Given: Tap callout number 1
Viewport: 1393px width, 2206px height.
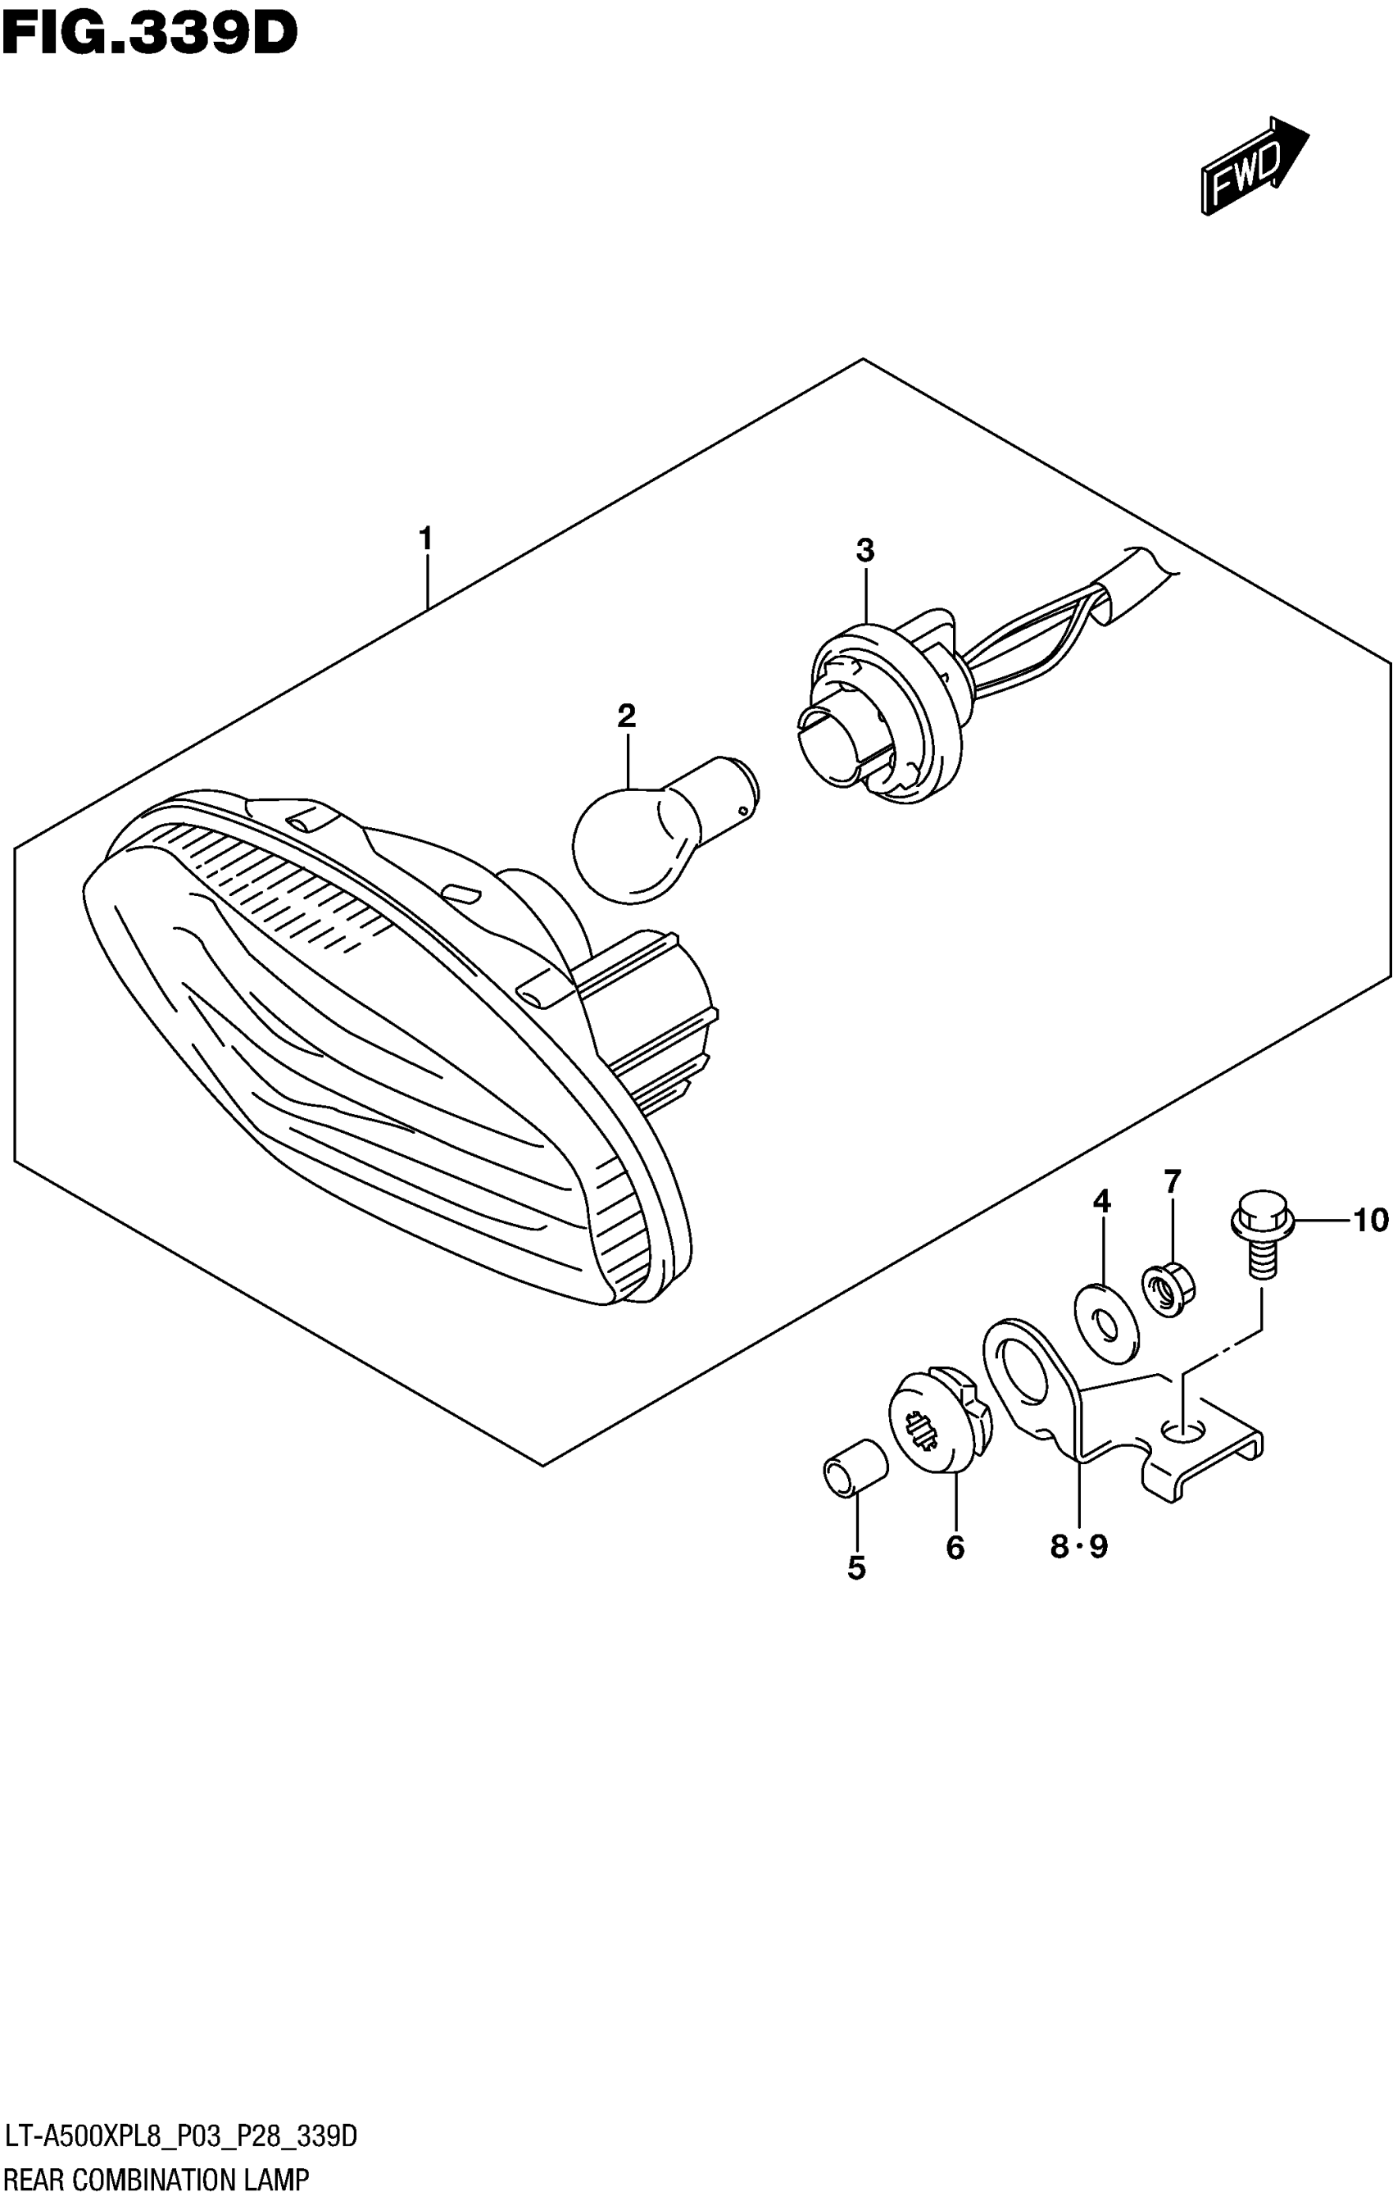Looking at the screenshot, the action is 425,539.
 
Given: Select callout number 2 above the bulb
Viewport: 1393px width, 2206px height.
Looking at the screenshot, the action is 626,715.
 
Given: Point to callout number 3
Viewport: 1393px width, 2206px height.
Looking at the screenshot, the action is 864,551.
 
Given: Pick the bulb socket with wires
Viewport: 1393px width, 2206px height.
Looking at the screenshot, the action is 879,715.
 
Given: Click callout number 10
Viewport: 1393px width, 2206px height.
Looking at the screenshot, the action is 1370,1221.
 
